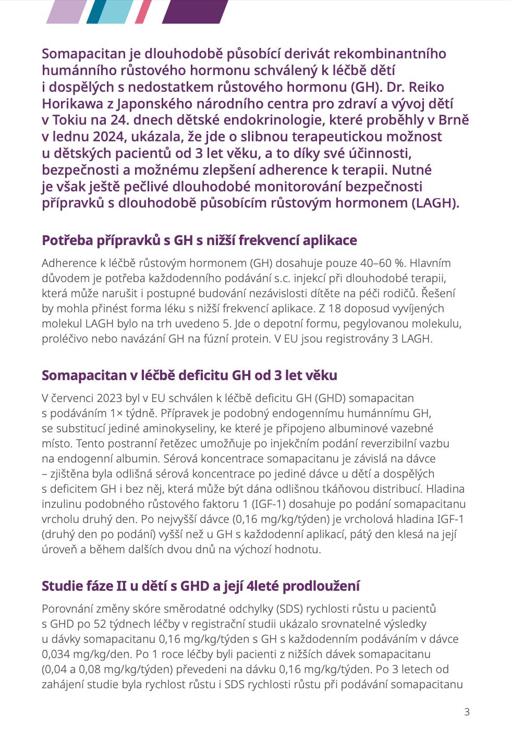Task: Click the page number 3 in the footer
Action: (467, 712)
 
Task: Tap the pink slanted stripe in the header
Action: (143, 11)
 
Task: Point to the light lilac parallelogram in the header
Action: (66, 11)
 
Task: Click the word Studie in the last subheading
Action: (58, 586)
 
